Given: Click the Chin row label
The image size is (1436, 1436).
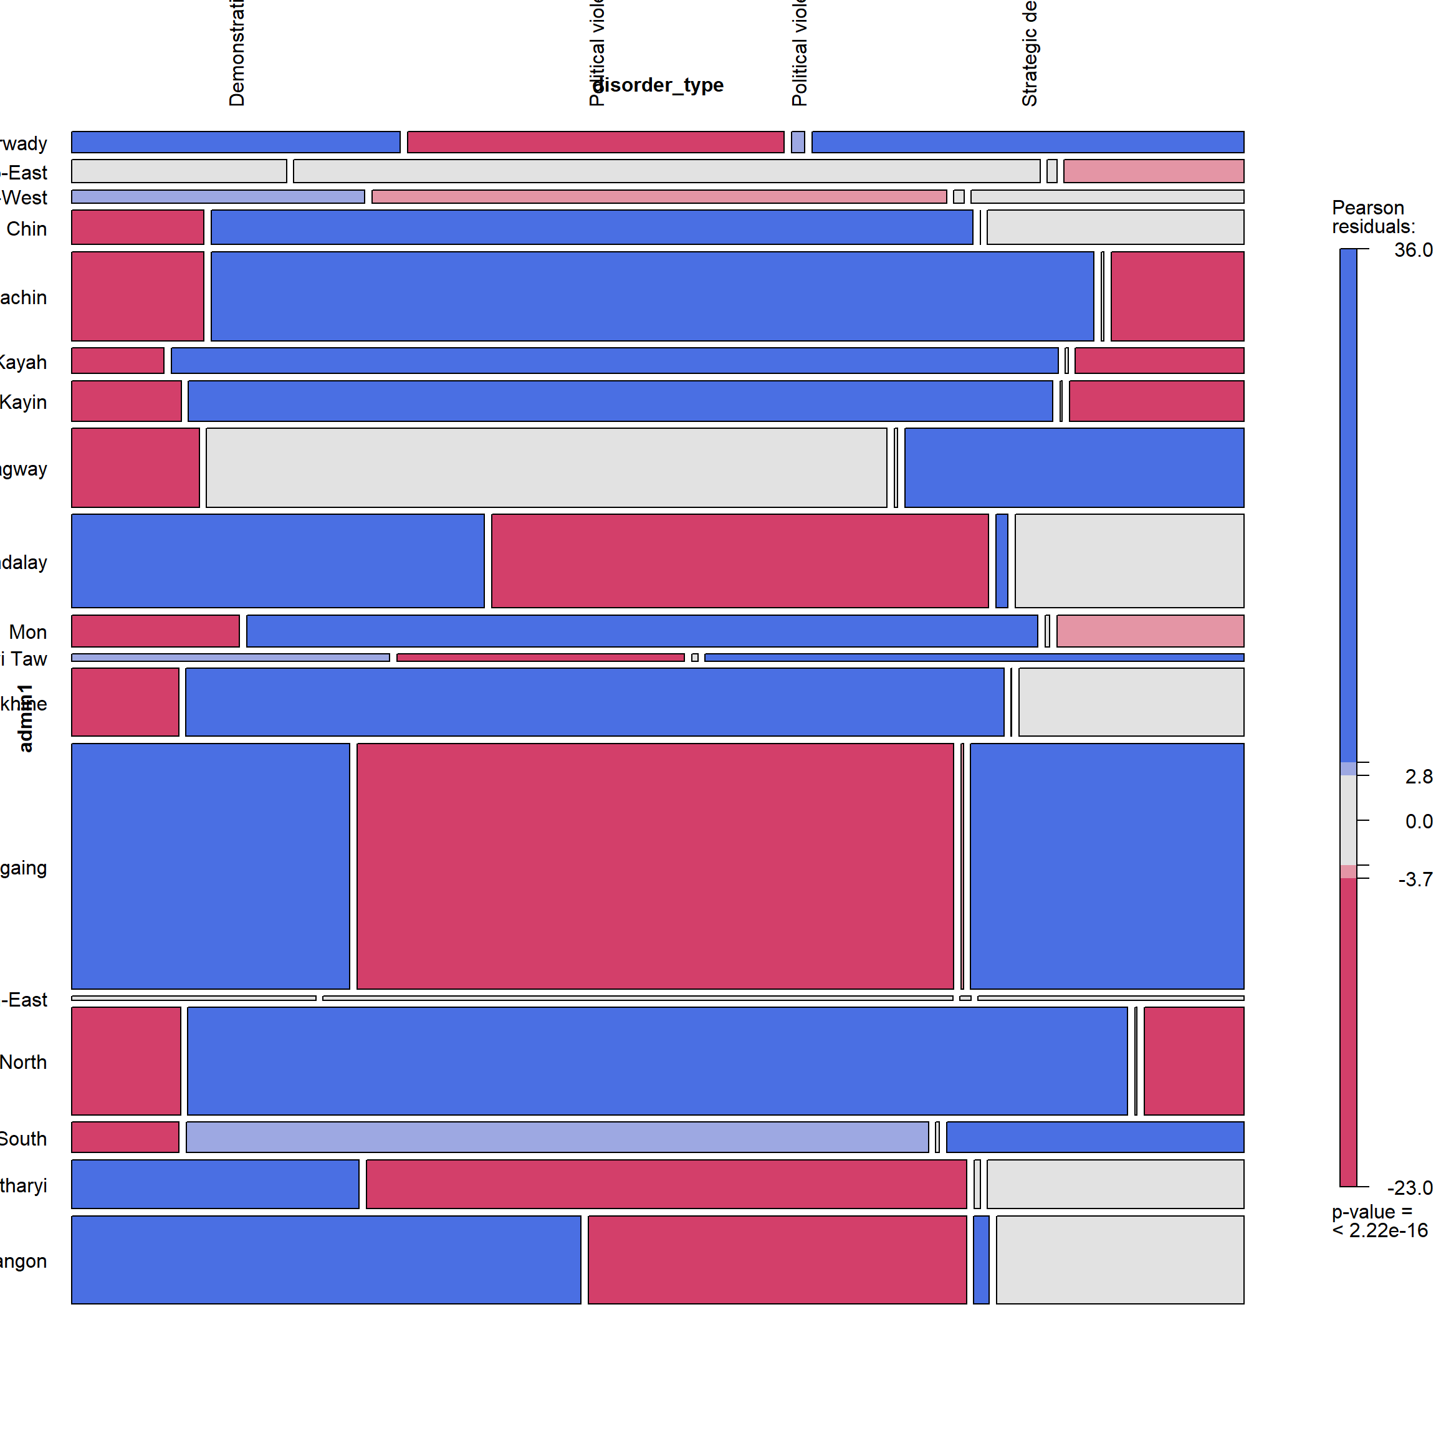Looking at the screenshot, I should tap(27, 229).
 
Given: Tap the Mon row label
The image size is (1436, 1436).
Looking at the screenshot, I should tap(28, 632).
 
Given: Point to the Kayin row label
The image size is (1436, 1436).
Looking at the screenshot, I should tap(23, 402).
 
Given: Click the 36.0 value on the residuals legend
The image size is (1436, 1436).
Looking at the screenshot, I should tap(1412, 250).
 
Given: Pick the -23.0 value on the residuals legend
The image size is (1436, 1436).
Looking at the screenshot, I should tap(1409, 1188).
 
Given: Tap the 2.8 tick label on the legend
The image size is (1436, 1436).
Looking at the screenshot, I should tap(1418, 777).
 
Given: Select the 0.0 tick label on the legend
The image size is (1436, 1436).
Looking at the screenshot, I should tap(1418, 821).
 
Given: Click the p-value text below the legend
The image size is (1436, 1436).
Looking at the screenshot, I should tap(1379, 1221).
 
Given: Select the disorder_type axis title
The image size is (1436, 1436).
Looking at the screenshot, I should tap(659, 85).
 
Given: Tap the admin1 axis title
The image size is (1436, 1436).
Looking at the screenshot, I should tap(26, 718).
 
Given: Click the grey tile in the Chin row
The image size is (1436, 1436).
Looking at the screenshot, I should tap(1115, 227).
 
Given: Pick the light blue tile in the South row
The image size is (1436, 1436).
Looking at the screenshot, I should tap(557, 1137).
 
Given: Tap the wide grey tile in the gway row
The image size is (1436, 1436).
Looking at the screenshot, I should tap(547, 467).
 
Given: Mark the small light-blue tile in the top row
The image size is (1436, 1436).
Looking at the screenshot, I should tap(798, 142).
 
